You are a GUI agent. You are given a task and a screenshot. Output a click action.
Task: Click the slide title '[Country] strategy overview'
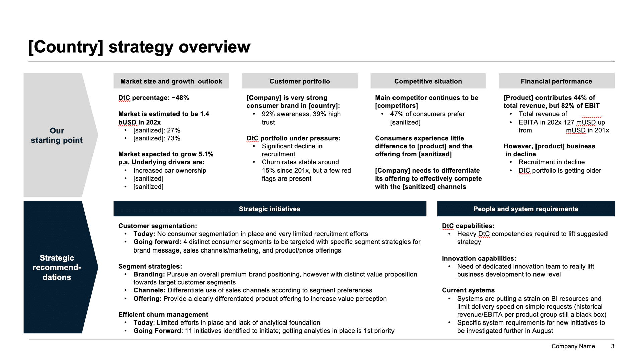pyautogui.click(x=139, y=47)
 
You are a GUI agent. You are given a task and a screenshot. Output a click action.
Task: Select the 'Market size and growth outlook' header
pyautogui.click(x=171, y=81)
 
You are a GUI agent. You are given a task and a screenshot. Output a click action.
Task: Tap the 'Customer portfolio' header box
pyautogui.click(x=299, y=81)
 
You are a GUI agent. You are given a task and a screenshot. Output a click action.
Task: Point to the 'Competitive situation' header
pyautogui.click(x=428, y=81)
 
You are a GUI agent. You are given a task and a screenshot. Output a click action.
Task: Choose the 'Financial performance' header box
pyautogui.click(x=556, y=81)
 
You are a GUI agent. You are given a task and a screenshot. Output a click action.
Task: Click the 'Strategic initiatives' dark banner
pyautogui.click(x=270, y=209)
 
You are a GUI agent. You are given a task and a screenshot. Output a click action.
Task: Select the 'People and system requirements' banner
pyautogui.click(x=525, y=209)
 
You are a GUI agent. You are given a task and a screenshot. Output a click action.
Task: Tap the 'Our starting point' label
pyautogui.click(x=57, y=135)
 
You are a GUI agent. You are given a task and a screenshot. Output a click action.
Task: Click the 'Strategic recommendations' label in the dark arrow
pyautogui.click(x=57, y=267)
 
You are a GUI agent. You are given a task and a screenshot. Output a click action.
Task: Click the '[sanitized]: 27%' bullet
pyautogui.click(x=156, y=130)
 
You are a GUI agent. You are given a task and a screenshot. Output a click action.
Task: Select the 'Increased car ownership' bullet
pyautogui.click(x=169, y=170)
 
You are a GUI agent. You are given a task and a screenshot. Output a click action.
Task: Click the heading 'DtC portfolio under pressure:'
pyautogui.click(x=293, y=138)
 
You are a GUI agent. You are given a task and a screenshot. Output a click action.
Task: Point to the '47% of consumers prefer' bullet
pyautogui.click(x=427, y=114)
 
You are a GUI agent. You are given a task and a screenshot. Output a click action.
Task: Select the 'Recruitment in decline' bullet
pyautogui.click(x=552, y=162)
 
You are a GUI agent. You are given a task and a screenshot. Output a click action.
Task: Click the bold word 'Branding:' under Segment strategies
pyautogui.click(x=149, y=274)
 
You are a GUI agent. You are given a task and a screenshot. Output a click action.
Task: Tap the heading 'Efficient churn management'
pyautogui.click(x=163, y=314)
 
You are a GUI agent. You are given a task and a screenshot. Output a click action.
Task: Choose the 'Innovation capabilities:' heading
pyautogui.click(x=479, y=258)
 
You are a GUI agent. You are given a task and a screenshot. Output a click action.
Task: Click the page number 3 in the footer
pyautogui.click(x=612, y=346)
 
